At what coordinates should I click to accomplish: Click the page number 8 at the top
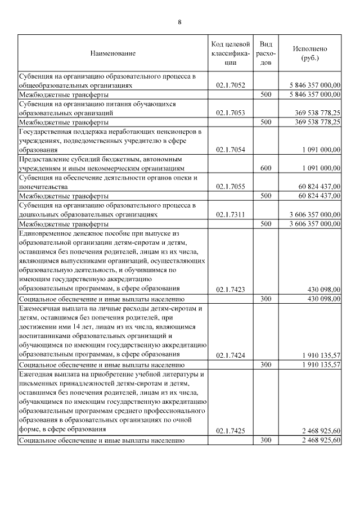(x=179, y=22)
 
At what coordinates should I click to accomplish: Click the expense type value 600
(x=267, y=168)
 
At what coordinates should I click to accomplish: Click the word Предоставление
(x=44, y=159)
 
